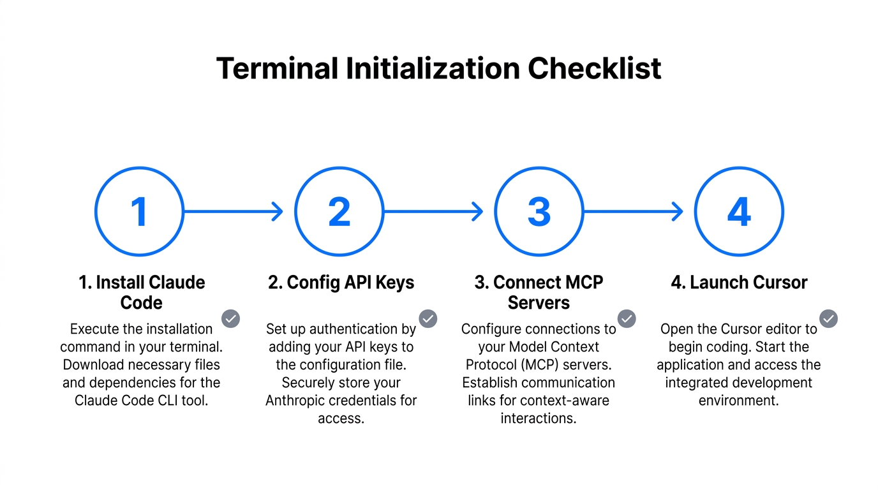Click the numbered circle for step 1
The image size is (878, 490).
(139, 211)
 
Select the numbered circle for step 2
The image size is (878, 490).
(339, 211)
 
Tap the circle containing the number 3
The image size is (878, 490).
(539, 211)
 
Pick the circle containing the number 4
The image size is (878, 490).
(739, 211)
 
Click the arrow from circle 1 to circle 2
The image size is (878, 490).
(233, 211)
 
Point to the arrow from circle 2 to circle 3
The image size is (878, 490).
(433, 211)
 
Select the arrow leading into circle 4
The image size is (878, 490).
(633, 211)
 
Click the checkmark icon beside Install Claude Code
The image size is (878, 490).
(230, 318)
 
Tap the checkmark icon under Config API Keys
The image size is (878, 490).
(428, 318)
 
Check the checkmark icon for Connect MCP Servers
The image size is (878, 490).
(627, 318)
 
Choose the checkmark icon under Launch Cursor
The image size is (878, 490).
(828, 318)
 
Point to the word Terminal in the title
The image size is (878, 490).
(277, 68)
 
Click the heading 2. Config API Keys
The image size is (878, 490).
(341, 283)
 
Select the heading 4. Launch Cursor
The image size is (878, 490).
(740, 283)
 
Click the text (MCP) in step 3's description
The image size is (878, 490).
(544, 365)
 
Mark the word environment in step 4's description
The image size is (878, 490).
(739, 401)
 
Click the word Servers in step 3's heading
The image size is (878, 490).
(539, 302)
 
